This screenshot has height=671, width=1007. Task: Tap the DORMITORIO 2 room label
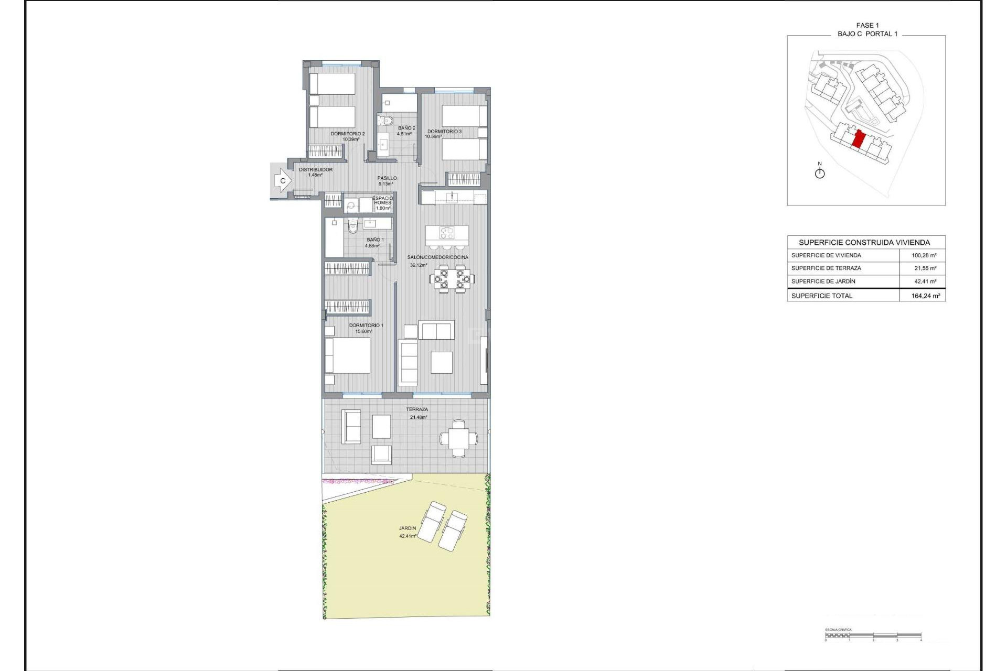(347, 134)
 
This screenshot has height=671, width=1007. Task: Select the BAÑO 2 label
(406, 128)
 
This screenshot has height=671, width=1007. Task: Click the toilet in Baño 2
(387, 121)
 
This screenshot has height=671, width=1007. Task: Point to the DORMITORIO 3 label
(444, 132)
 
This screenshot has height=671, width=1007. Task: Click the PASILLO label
(387, 178)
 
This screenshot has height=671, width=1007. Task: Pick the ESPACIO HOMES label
(383, 200)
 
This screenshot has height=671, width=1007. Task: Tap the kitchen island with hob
(447, 233)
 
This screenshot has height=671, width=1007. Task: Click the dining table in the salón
(452, 278)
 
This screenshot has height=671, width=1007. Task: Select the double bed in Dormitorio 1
(347, 355)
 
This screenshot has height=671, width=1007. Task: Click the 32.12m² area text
(418, 265)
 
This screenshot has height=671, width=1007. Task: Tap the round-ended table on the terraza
(458, 439)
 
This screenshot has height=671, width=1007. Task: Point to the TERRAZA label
(417, 409)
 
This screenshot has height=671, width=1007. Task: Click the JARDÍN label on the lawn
(408, 528)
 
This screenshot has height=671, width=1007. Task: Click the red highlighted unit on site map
(859, 139)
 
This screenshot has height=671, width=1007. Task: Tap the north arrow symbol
(820, 172)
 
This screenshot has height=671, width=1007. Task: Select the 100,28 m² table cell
(924, 255)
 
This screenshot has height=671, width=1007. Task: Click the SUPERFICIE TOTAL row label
(822, 296)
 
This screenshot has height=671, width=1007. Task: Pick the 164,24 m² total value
(925, 296)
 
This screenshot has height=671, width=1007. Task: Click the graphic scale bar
(873, 636)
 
